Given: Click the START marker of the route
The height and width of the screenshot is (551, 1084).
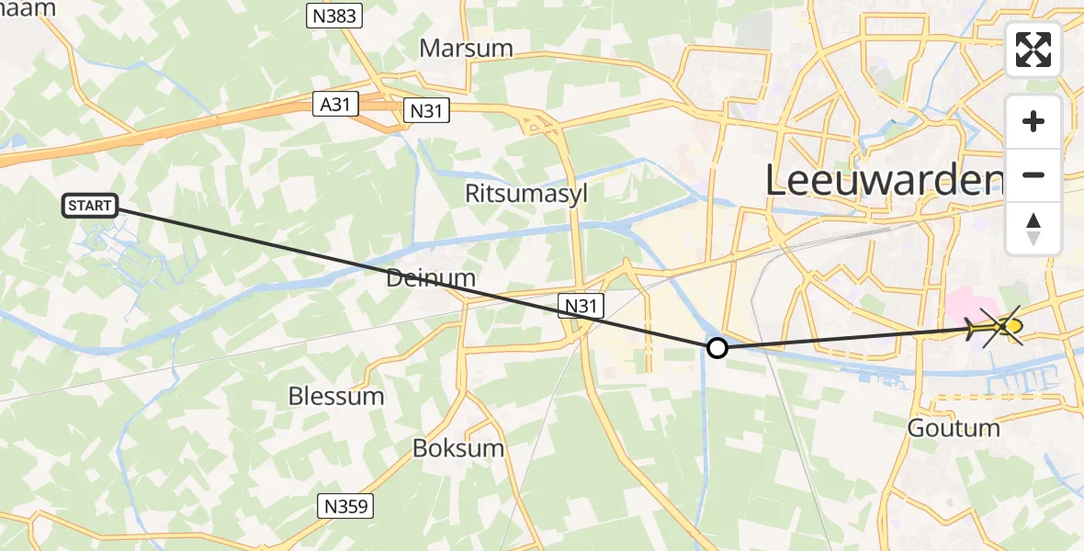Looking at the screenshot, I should pyautogui.click(x=90, y=206).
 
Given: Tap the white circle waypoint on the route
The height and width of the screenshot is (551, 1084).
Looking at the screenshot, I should pyautogui.click(x=717, y=348).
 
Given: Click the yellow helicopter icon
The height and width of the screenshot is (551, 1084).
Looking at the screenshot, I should pyautogui.click(x=999, y=326).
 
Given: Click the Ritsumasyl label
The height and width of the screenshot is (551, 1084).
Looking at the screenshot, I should pyautogui.click(x=526, y=195).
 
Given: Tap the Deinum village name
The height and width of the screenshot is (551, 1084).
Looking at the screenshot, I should pyautogui.click(x=431, y=277).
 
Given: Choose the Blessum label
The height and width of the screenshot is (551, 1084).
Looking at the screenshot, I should pyautogui.click(x=336, y=397).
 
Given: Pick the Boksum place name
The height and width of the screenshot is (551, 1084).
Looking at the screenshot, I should pyautogui.click(x=458, y=449).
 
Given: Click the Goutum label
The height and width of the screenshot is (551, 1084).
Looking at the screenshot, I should pyautogui.click(x=954, y=428).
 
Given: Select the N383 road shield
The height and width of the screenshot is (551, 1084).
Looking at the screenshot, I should pyautogui.click(x=333, y=16).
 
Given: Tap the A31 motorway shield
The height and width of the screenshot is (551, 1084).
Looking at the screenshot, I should pyautogui.click(x=334, y=105).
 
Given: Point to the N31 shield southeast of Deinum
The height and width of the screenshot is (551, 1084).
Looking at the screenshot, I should pyautogui.click(x=580, y=305).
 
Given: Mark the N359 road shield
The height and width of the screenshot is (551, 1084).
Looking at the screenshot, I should pyautogui.click(x=346, y=505).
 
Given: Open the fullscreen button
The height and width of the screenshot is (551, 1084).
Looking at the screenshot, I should pyautogui.click(x=1033, y=50).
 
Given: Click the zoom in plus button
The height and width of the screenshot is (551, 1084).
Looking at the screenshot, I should pyautogui.click(x=1033, y=121).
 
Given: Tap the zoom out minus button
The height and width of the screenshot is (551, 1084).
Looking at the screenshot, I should pyautogui.click(x=1033, y=174).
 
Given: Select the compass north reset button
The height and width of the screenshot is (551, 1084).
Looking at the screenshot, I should pyautogui.click(x=1033, y=229).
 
